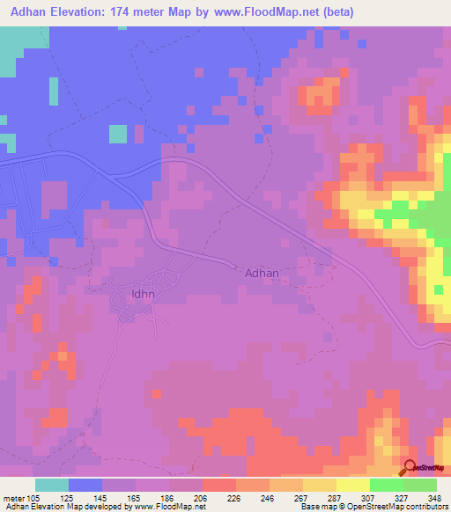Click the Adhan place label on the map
(x=262, y=273)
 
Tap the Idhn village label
(x=141, y=294)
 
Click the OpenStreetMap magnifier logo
(x=410, y=467)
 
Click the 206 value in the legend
(x=202, y=497)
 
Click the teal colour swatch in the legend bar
(x=52, y=485)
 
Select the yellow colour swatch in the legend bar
(x=352, y=485)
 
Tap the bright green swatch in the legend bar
(x=386, y=485)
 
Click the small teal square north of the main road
(x=117, y=133)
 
